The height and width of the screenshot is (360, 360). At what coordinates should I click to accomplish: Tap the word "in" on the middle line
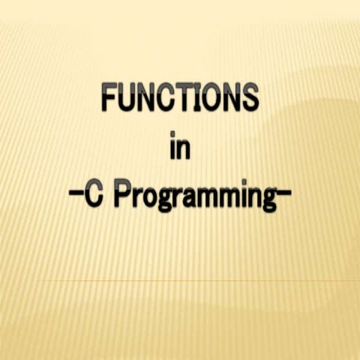tap(180, 148)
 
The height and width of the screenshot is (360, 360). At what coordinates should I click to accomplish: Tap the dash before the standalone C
tap(76, 197)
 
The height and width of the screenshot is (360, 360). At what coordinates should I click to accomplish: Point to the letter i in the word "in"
tap(173, 147)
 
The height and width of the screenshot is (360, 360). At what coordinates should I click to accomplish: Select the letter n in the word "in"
tap(184, 149)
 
